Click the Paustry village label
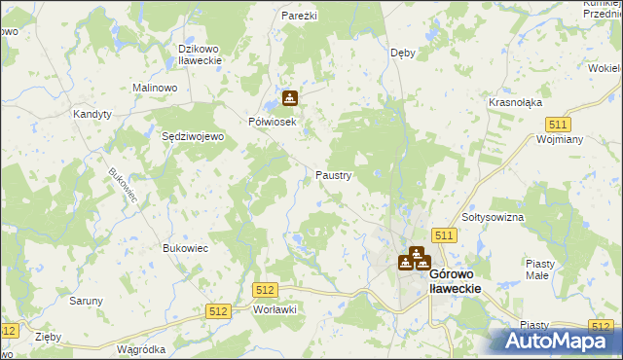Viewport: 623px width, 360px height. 333,175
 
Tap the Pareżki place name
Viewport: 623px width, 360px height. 301,17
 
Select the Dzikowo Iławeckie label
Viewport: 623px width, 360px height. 201,54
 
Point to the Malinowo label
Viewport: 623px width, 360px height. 154,88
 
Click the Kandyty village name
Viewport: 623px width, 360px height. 93,114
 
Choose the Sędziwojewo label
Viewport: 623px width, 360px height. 193,137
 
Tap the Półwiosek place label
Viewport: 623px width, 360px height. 272,122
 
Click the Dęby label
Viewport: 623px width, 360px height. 403,53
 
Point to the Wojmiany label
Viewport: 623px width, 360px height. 559,139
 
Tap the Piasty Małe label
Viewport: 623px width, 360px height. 539,269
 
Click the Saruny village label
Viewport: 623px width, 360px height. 86,301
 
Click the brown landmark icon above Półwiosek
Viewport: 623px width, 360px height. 290,98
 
